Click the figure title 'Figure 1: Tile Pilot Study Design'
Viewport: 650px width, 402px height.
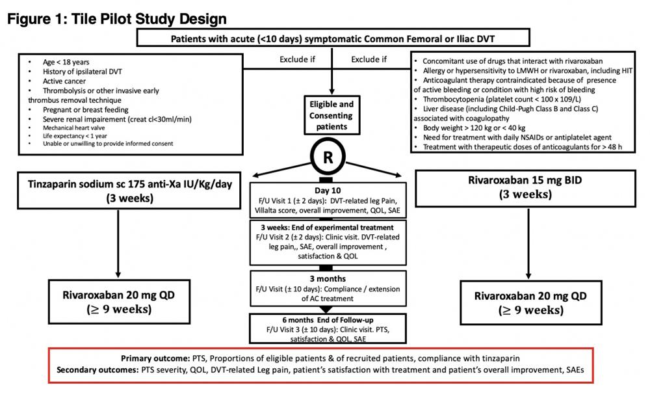117,19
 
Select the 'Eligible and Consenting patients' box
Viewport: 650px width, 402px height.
331,115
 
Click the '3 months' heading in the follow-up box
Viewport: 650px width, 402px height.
328,278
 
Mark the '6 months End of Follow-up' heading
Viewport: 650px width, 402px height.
327,319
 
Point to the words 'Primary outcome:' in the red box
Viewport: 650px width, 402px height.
155,358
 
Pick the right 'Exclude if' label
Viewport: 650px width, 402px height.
369,60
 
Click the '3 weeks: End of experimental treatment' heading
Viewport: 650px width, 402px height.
328,227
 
